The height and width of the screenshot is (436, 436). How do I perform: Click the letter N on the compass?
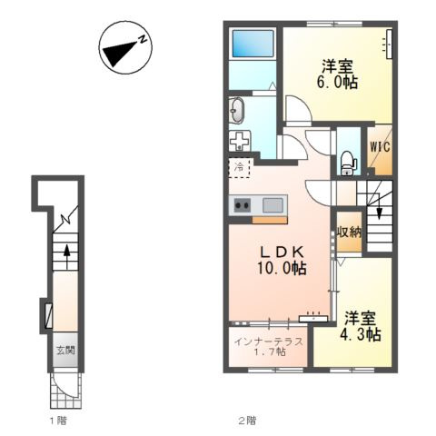[x=143, y=39]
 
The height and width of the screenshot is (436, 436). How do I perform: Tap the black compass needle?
[x=120, y=54]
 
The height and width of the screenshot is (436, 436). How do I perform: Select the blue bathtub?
[x=253, y=44]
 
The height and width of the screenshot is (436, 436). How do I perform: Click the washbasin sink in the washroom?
[x=236, y=111]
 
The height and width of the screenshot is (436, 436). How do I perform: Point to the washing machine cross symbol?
[x=239, y=141]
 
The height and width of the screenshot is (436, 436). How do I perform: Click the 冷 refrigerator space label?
[x=239, y=166]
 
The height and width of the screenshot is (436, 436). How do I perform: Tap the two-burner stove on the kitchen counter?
[x=243, y=205]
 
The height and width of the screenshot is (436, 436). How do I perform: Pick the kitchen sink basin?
[x=272, y=205]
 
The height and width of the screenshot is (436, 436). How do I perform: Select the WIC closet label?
[x=380, y=147]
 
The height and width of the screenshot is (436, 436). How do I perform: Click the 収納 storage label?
[x=350, y=233]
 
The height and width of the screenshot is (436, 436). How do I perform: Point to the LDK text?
[x=282, y=252]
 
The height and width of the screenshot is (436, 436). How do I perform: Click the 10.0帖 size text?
[x=282, y=268]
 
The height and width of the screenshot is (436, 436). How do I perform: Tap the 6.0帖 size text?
[x=337, y=82]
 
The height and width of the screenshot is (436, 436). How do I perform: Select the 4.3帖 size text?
[x=361, y=334]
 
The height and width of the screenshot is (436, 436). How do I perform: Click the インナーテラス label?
[x=269, y=342]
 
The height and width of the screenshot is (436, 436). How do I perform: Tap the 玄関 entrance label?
[x=65, y=351]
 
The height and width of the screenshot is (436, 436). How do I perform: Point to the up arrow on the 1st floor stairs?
[x=66, y=257]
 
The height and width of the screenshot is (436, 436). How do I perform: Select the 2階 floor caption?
[x=247, y=421]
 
